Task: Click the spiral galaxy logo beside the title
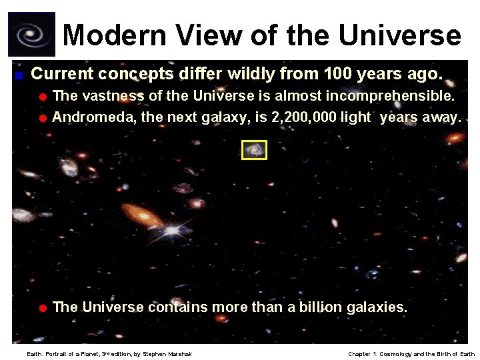31,34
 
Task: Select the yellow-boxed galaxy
254,150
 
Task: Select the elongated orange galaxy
142,214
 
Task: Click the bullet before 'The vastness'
42,97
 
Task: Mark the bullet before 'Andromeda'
42,119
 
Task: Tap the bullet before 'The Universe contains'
42,308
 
